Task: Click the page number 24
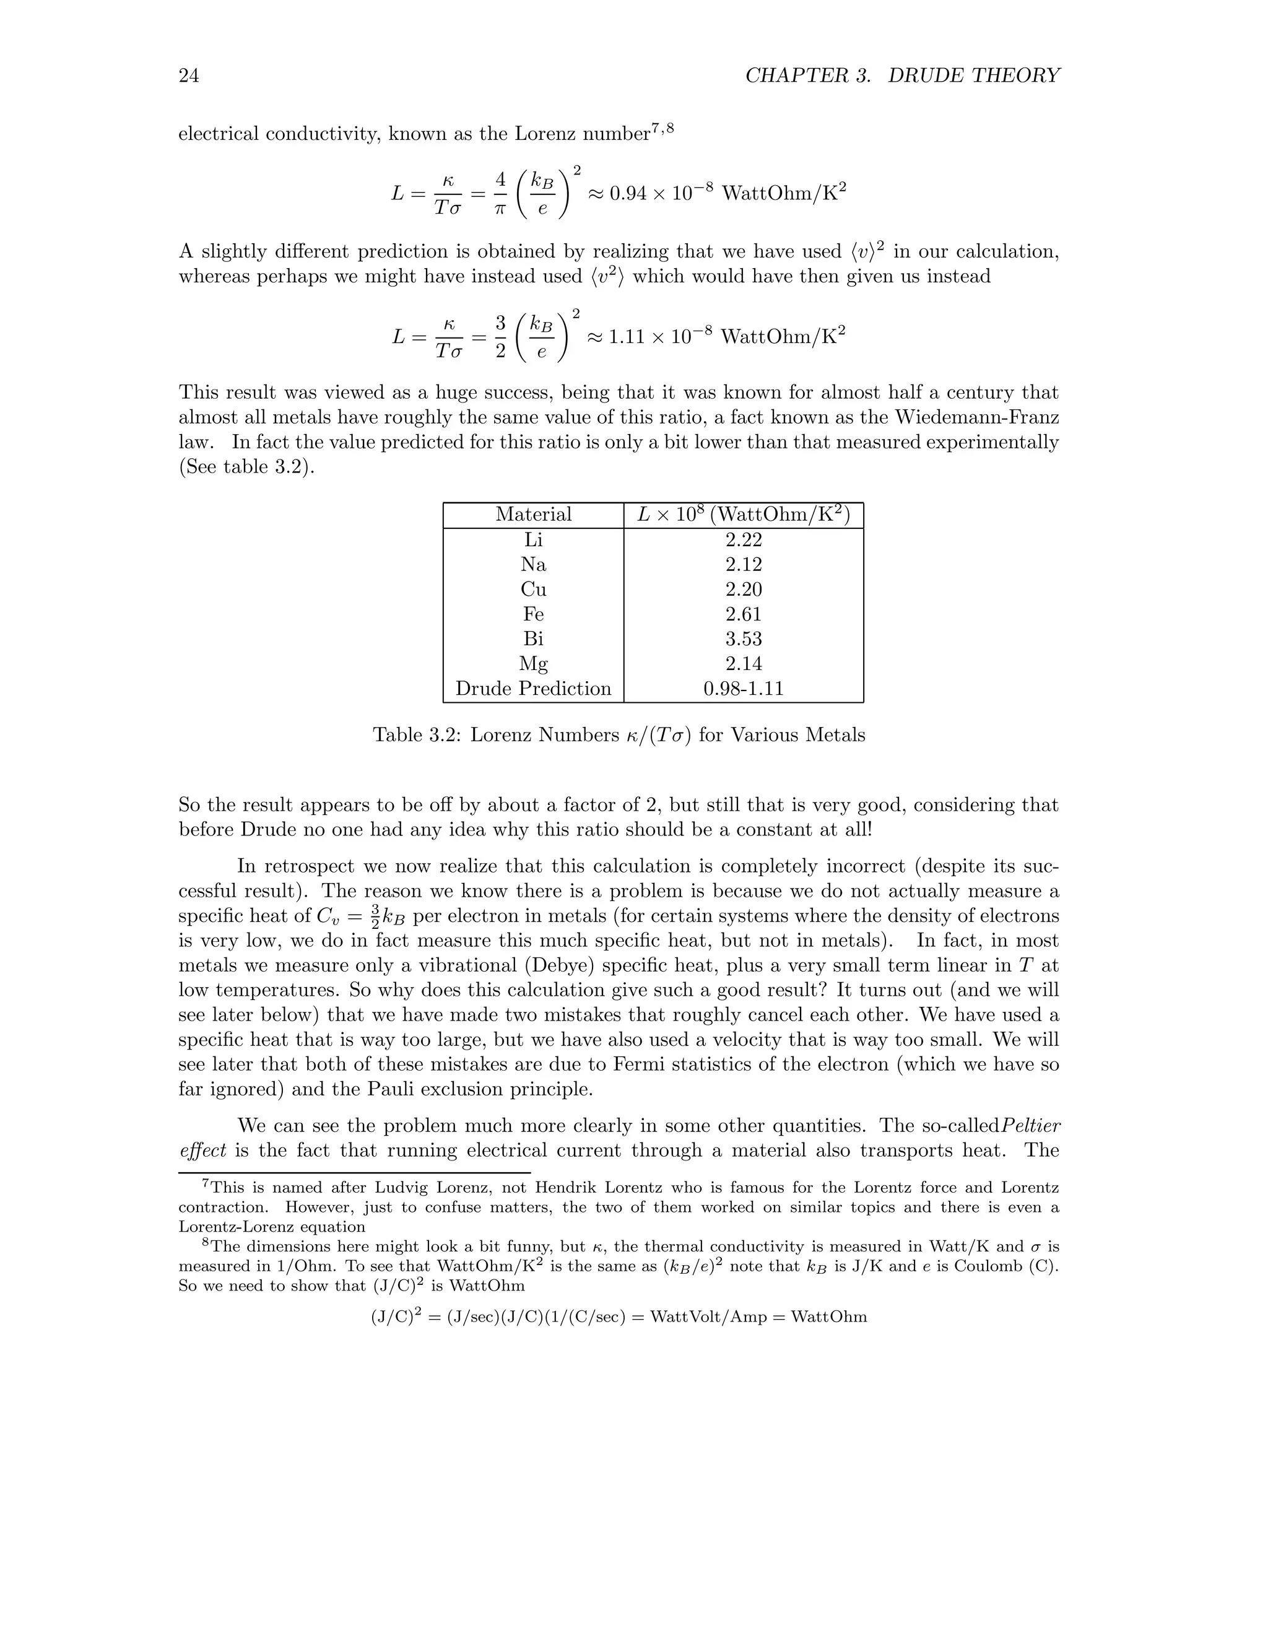[189, 76]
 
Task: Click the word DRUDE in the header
[926, 76]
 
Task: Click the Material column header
[533, 515]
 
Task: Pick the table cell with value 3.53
[744, 638]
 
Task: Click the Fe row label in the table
[533, 614]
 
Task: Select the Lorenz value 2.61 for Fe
[744, 614]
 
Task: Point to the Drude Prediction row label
[533, 688]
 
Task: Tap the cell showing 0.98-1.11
[744, 688]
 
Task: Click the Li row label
[533, 539]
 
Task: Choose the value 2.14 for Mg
[744, 663]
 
